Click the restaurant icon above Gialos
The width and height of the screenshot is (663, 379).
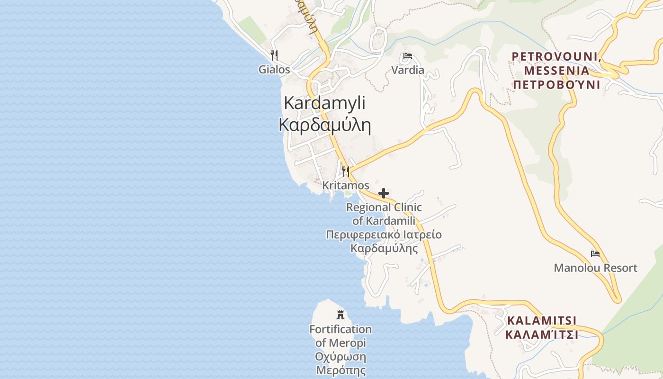coord(274,55)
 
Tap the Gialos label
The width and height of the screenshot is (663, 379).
coord(274,70)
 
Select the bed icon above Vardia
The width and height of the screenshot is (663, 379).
coord(407,56)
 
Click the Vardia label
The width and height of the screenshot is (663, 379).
coord(408,71)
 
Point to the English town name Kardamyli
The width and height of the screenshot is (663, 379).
coord(325,103)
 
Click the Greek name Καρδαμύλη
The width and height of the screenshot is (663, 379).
coord(325,125)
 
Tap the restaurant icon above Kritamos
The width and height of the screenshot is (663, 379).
coord(346,171)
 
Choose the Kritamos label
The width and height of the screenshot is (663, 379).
coord(346,185)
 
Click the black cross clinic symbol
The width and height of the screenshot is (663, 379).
coord(384,193)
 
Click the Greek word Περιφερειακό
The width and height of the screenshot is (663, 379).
coord(360,235)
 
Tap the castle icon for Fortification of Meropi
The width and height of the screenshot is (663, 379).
coord(340,314)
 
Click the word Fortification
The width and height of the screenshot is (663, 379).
coord(340,329)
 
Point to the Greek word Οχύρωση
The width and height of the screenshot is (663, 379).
coord(340,357)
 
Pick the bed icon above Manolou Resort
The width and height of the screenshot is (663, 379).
coord(595,254)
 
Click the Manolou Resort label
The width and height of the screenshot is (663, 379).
coord(595,268)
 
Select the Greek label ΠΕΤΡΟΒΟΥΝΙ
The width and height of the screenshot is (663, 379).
coord(557,85)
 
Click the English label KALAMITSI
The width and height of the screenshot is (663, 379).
coord(542,321)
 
